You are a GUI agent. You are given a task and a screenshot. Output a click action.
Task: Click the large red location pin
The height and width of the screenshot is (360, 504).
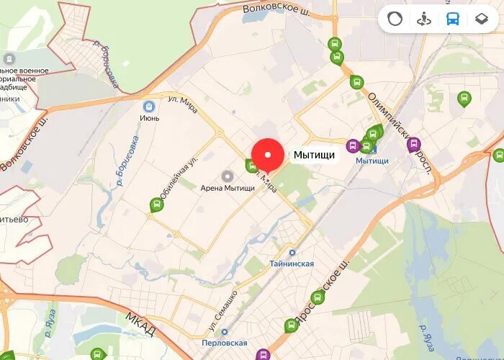[x=268, y=156]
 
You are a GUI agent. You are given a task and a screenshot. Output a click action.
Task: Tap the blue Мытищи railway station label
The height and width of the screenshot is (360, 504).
[x=372, y=161]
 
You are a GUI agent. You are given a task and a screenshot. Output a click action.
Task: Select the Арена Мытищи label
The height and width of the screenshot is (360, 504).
[x=228, y=188]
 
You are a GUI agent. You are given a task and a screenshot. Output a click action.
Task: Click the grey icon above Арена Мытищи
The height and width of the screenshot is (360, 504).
[x=228, y=176]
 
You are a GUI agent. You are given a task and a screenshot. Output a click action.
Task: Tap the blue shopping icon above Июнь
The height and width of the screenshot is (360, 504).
[x=149, y=106]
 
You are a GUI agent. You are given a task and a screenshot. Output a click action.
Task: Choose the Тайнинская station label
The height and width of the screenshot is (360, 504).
[x=292, y=264]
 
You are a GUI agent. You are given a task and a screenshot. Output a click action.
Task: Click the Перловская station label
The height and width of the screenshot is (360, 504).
[x=225, y=343]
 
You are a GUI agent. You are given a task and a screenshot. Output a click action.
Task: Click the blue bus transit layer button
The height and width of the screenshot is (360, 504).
[x=452, y=19]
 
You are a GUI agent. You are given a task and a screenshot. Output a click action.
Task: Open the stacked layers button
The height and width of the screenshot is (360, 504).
[x=481, y=19]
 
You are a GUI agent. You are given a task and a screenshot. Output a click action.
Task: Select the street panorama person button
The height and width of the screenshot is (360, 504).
[x=423, y=19]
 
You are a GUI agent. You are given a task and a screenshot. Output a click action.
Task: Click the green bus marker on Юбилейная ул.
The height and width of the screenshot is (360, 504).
[x=156, y=204]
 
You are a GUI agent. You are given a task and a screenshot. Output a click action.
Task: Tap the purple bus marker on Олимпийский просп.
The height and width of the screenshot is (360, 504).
[x=414, y=145]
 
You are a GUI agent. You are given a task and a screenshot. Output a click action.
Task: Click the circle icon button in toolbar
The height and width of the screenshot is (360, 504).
[x=395, y=19]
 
